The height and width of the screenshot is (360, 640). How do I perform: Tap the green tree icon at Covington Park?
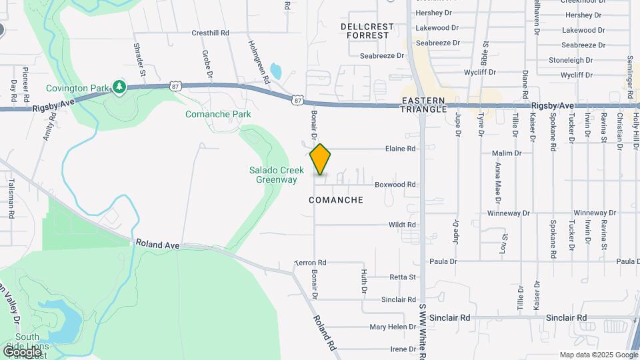[119, 87]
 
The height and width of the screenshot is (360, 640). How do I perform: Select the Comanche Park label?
[218, 114]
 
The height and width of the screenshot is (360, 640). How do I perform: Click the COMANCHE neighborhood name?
[337, 200]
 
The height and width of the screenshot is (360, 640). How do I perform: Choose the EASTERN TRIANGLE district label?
[423, 105]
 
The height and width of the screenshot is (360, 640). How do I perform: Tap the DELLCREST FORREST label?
[367, 31]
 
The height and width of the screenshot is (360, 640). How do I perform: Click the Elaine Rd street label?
[401, 149]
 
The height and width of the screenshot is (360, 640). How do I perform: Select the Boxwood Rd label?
[395, 185]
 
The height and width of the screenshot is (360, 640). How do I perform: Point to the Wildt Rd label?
[402, 225]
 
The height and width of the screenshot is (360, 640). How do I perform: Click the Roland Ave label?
[157, 245]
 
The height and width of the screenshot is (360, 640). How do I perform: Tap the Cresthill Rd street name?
[210, 32]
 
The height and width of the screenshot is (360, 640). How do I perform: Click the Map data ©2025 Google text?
[598, 355]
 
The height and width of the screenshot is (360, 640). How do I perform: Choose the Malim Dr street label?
[507, 153]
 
